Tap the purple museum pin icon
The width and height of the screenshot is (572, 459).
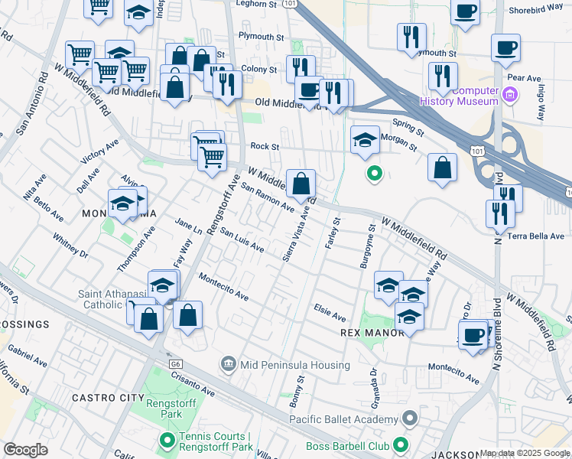(x=512, y=96)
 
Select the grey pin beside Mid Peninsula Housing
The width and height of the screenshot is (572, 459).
(x=229, y=366)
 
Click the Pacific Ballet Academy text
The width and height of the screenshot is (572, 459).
(x=344, y=418)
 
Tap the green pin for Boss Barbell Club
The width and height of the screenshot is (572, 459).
(x=400, y=445)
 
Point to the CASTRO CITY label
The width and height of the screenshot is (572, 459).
(x=107, y=398)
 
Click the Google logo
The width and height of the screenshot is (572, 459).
(x=26, y=450)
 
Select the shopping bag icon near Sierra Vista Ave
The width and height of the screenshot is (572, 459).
(x=301, y=183)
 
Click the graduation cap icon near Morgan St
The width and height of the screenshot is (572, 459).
(x=366, y=140)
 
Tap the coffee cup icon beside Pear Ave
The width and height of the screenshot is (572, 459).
(x=505, y=47)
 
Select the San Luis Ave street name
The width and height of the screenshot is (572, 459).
(x=242, y=243)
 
